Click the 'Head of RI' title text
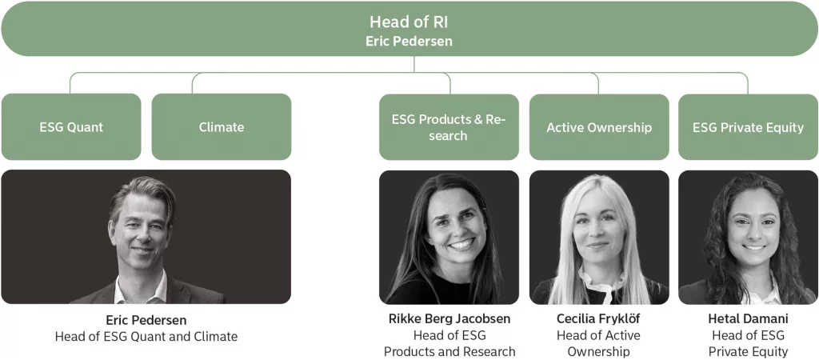(x=409, y=22)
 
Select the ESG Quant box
(x=71, y=127)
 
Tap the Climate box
(x=222, y=127)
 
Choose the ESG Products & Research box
(x=449, y=127)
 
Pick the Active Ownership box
(x=599, y=127)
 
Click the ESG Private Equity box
(x=748, y=127)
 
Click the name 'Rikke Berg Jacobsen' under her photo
(x=449, y=318)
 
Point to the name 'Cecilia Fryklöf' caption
(x=598, y=318)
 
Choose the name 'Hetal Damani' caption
(x=748, y=318)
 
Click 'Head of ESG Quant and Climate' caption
(x=146, y=337)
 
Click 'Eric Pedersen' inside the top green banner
(x=409, y=42)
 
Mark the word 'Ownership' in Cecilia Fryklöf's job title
(x=598, y=352)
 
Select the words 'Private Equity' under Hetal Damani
(x=748, y=352)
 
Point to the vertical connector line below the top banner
(x=414, y=64)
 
